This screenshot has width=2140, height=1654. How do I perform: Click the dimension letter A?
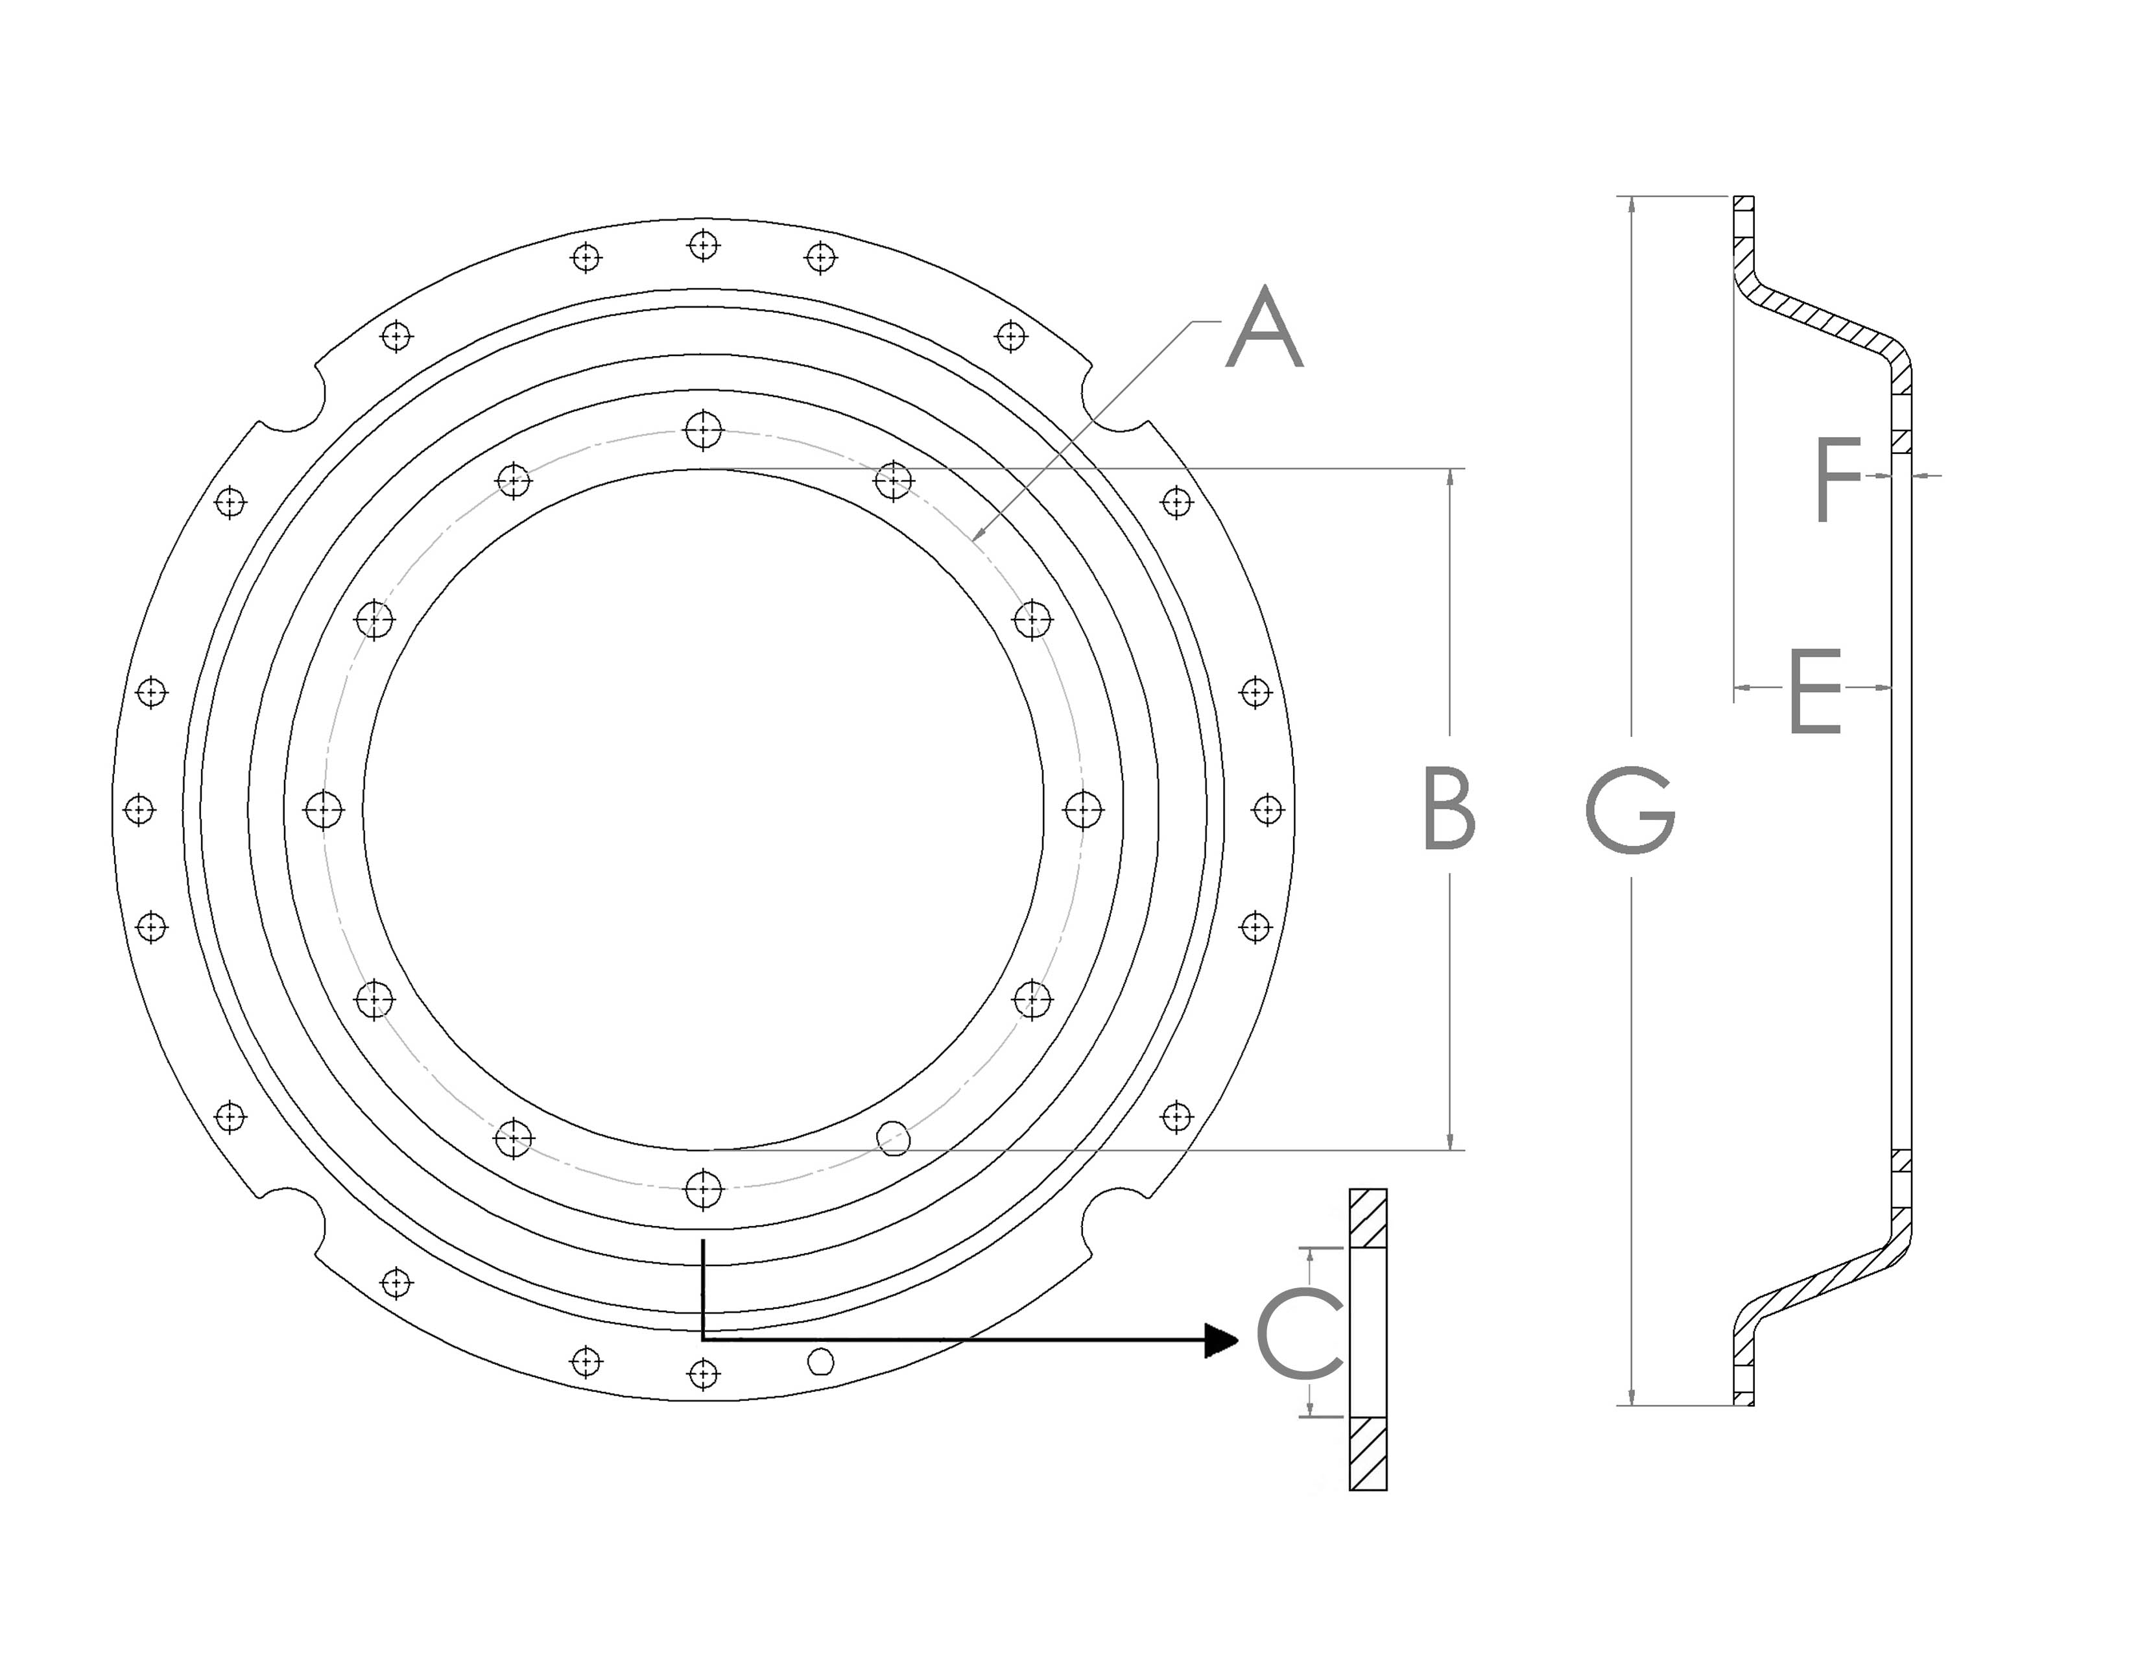click(x=1264, y=330)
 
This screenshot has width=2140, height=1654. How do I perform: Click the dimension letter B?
click(x=1448, y=809)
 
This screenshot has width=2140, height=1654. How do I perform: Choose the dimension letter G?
click(x=1630, y=809)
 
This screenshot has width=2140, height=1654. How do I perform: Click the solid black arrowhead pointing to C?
click(x=1221, y=1339)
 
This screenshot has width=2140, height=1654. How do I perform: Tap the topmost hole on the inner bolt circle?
click(x=704, y=429)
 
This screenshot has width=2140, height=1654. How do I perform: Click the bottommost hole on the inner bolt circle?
click(x=704, y=1190)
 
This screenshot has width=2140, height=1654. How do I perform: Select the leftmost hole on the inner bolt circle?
click(x=324, y=809)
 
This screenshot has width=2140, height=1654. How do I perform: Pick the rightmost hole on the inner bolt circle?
click(x=1083, y=809)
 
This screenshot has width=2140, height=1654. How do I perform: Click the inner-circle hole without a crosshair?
click(x=893, y=1138)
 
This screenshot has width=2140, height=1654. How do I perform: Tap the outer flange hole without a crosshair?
click(x=820, y=1362)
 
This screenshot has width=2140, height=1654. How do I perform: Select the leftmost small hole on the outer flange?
click(x=139, y=809)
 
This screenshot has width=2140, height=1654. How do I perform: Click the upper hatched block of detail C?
click(x=1368, y=1218)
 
